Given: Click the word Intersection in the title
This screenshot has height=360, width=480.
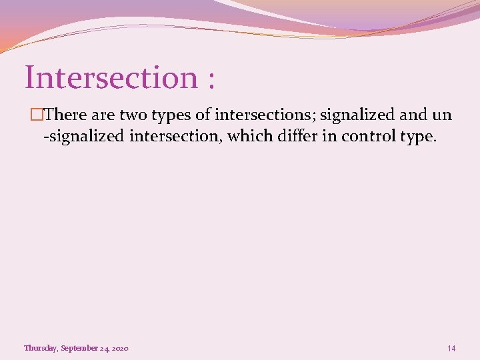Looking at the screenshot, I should [111, 77].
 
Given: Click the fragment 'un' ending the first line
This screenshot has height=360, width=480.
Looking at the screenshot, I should [442, 115].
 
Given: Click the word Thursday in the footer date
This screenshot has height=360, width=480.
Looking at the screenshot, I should [40, 348].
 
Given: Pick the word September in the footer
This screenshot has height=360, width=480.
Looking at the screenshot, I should [79, 348].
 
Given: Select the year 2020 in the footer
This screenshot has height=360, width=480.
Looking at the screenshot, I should [120, 348].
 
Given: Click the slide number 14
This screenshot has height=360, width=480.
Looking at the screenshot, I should [451, 348].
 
